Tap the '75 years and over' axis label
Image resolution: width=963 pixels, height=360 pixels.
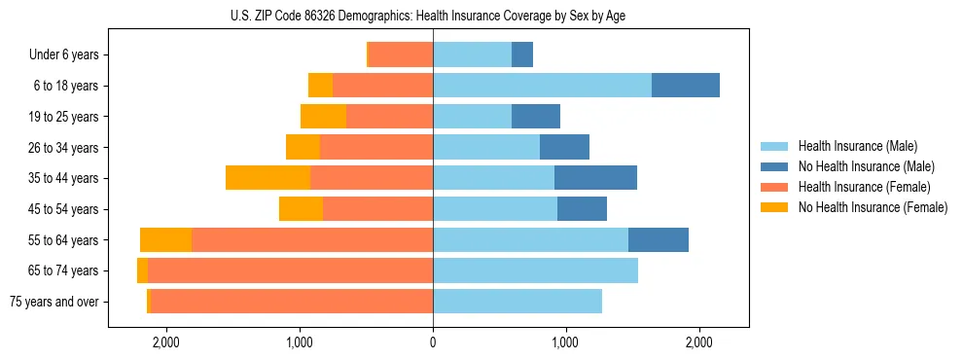pos(53,302)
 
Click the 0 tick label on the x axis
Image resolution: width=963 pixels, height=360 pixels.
pos(433,342)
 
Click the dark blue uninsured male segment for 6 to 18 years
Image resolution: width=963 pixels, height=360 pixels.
pos(686,86)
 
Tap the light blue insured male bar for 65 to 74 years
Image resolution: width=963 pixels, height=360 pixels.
pos(535,270)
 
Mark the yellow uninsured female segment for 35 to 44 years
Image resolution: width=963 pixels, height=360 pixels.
pos(267,178)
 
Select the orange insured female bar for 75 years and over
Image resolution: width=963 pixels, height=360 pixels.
pos(292,302)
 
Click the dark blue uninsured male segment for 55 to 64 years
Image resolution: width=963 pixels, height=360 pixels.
pos(659,239)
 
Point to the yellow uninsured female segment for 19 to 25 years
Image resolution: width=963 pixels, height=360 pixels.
pos(323,117)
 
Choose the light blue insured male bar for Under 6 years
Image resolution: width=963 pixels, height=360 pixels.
pos(472,55)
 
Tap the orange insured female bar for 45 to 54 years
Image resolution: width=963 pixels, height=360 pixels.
pos(377,209)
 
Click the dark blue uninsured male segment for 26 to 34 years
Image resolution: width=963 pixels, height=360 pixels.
pos(564,148)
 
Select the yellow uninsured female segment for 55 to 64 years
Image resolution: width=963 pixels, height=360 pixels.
pos(165,239)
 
